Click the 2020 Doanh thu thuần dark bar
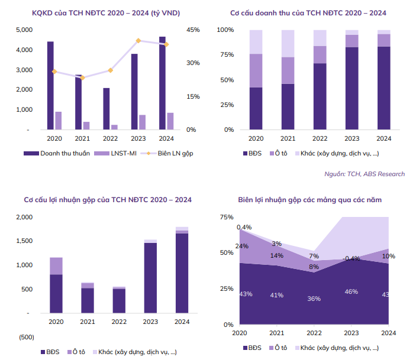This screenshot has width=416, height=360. click(50, 85)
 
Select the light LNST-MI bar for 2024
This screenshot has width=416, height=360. click(170, 121)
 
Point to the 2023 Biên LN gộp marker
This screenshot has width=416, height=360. click(138, 41)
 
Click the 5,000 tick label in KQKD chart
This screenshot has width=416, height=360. click(24, 30)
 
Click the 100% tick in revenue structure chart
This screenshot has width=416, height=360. click(225, 30)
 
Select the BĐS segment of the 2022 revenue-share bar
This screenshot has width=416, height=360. click(320, 96)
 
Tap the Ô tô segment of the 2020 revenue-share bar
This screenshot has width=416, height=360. click(256, 70)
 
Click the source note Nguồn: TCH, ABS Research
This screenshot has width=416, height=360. click(365, 174)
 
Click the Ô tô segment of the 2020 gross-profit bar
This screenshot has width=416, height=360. click(56, 266)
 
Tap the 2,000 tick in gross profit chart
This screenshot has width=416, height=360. click(24, 217)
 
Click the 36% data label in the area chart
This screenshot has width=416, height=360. click(314, 299)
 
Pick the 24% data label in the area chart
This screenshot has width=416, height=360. click(241, 246)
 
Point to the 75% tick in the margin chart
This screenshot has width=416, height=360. click(225, 217)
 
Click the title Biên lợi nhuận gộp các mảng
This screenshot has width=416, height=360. click(309, 200)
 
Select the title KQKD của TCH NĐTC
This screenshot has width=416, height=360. click(98, 12)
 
